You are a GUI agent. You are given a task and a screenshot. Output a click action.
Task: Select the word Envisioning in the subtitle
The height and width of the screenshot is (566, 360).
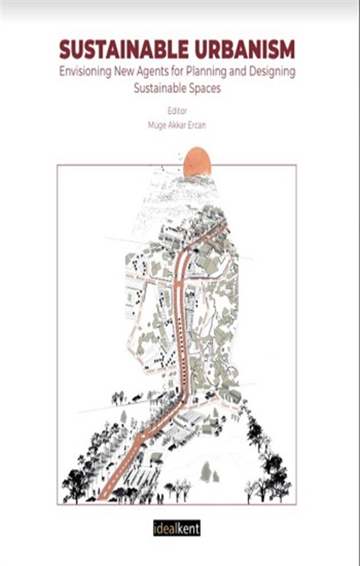pos(85,72)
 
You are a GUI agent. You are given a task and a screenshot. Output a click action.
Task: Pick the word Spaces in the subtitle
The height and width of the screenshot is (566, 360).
pos(205,88)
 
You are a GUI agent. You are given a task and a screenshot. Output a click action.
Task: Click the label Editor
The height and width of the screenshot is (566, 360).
pos(177,111)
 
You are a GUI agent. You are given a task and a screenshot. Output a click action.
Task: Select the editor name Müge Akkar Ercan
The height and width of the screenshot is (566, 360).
pos(177,125)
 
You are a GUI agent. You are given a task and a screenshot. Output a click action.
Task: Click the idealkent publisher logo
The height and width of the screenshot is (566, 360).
pos(176,528)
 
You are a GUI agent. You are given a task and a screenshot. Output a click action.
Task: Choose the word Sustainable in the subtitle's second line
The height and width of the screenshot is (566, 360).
pos(159,88)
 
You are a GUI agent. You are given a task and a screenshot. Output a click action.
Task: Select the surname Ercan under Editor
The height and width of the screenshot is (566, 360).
pos(196,125)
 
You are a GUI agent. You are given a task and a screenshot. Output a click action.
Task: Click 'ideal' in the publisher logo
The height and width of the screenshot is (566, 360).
pos(164,528)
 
